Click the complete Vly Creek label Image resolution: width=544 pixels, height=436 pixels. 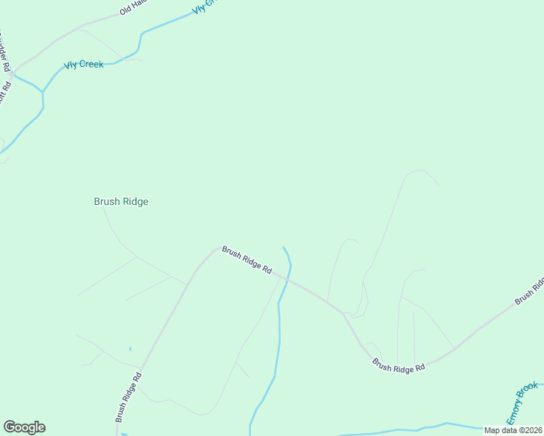84,65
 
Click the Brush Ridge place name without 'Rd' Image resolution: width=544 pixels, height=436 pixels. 121,201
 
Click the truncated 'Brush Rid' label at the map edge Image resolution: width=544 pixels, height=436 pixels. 529,291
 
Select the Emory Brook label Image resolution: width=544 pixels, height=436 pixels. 523,403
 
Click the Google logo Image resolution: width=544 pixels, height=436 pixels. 24,427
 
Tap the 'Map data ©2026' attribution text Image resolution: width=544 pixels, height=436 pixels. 513,429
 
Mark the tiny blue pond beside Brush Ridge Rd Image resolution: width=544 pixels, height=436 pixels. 130,349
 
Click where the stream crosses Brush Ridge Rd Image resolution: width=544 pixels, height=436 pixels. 288,278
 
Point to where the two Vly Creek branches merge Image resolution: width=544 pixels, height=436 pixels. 43,92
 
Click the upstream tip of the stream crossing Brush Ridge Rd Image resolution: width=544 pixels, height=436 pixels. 283,247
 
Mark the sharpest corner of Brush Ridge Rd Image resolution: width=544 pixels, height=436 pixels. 343,314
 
